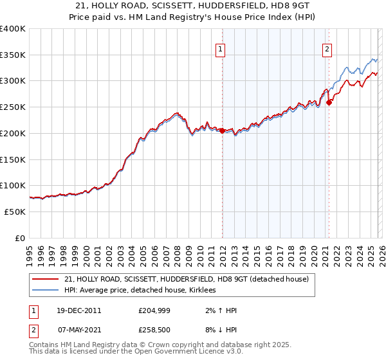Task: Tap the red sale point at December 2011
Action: (222, 130)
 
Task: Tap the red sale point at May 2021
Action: (329, 102)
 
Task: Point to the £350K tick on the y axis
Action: (13, 55)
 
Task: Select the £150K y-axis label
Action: (13, 159)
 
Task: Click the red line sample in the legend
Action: (46, 279)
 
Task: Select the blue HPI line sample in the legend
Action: (46, 291)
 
